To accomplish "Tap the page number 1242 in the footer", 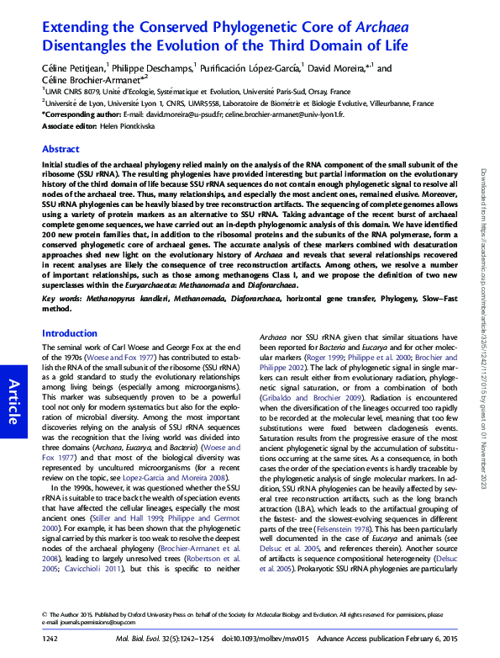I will tap(50, 639).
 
